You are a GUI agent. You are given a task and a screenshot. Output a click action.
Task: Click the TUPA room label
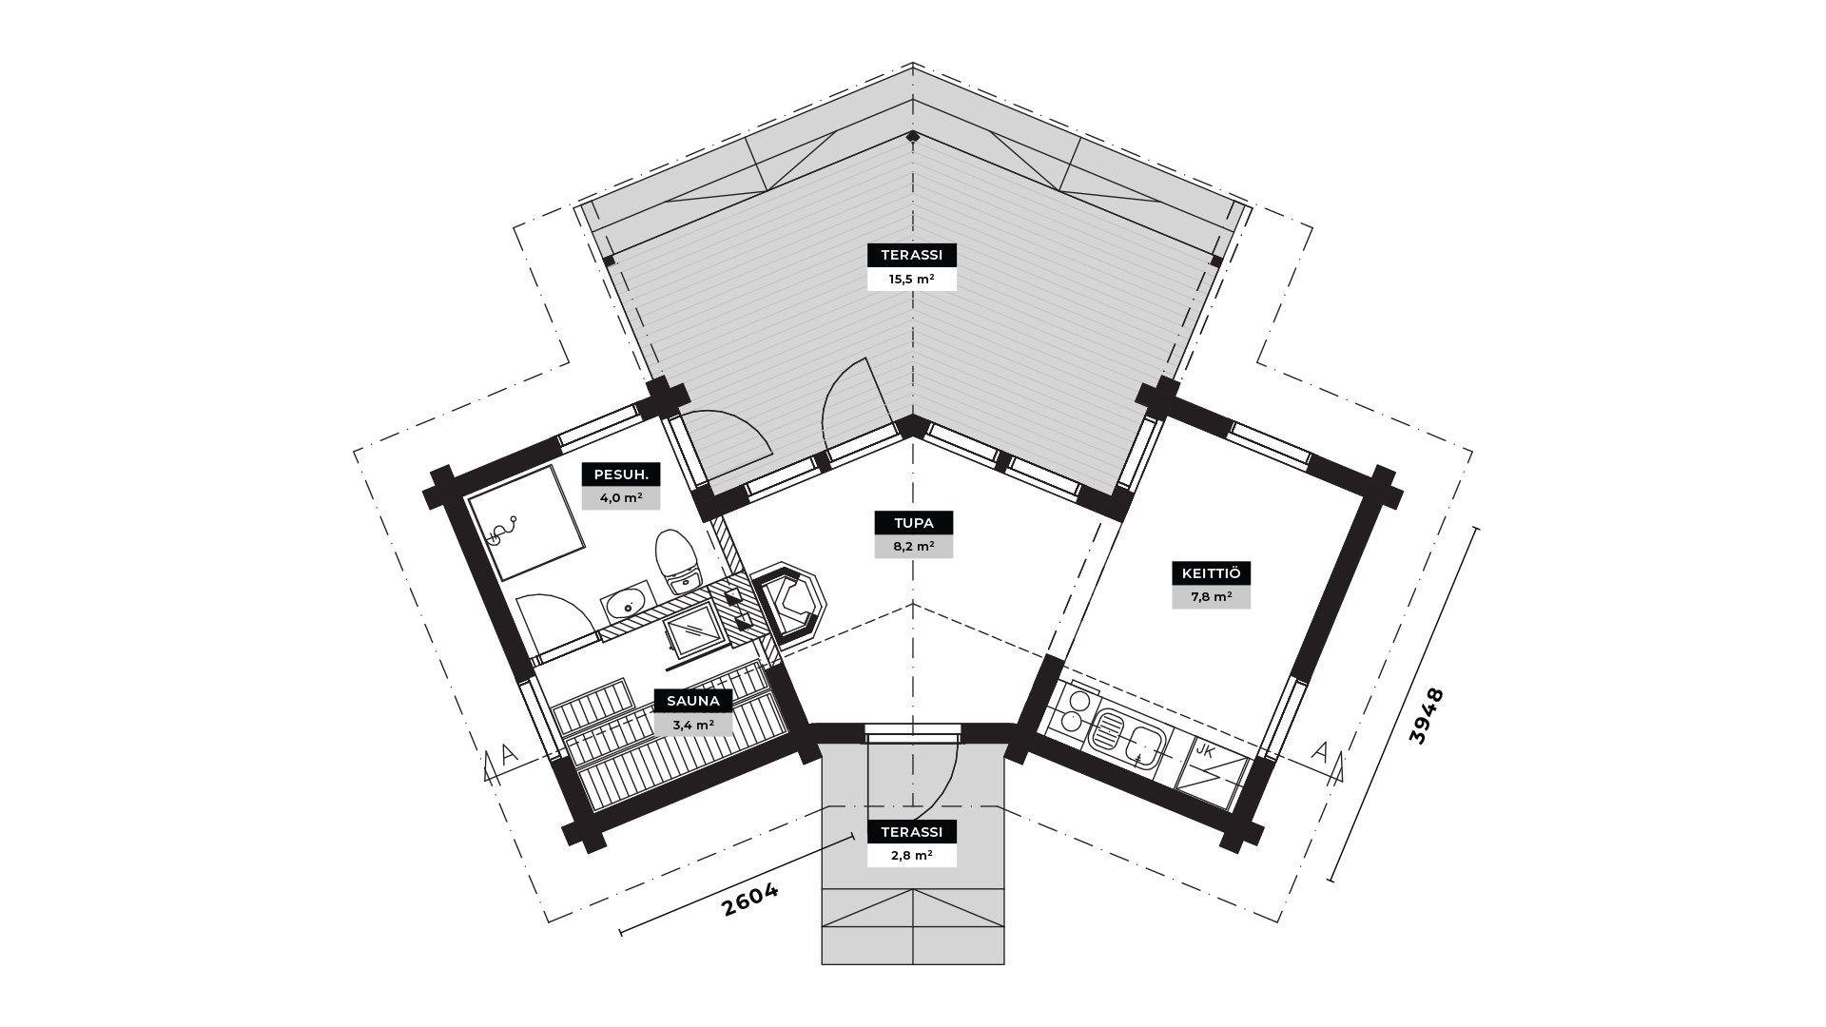pos(913,523)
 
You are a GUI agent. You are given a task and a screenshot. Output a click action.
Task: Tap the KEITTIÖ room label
pos(1211,573)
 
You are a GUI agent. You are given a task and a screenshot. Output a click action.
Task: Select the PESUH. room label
pos(621,475)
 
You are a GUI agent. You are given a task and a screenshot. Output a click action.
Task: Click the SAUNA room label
pos(693,702)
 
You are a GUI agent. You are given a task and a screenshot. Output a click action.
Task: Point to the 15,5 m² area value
pos(912,279)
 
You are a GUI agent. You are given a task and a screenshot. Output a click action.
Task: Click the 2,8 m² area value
pos(912,856)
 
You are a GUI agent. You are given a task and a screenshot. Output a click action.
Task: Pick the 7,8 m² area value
pos(1211,597)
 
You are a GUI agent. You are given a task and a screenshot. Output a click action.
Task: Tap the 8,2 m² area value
pos(913,547)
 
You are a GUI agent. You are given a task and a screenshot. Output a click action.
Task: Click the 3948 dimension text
pos(1427,716)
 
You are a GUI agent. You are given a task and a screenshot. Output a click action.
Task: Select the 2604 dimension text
pos(750,899)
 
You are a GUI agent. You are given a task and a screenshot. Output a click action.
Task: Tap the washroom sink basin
pos(626,603)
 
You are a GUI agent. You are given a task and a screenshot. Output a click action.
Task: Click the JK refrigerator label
pos(1205,751)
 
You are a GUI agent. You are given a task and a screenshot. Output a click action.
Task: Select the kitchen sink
pos(1127,739)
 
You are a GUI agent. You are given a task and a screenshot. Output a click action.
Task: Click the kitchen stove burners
pos(1072,710)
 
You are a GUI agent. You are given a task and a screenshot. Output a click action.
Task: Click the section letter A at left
pos(509,754)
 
